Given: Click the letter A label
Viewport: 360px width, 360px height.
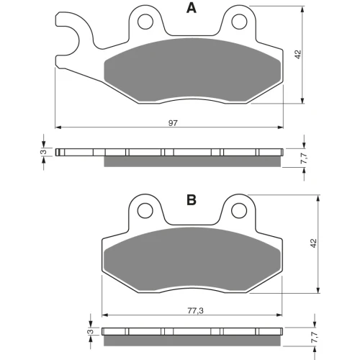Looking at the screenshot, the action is (x=192, y=8).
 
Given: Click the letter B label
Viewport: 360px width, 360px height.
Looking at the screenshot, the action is (x=192, y=200).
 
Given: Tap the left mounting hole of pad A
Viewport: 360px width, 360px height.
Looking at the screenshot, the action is (x=145, y=22).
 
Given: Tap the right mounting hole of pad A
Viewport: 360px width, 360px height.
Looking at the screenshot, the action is (x=239, y=22).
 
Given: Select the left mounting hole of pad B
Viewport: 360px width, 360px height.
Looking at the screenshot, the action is (x=145, y=210).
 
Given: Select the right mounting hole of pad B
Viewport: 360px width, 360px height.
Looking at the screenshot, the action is (x=239, y=210).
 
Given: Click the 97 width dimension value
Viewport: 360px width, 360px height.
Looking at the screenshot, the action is (x=173, y=123).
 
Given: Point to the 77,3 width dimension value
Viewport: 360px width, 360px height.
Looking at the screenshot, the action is (x=195, y=311).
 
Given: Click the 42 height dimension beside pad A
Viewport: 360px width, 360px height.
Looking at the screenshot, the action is (x=297, y=54).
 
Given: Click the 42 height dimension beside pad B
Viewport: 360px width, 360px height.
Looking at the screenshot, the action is (x=314, y=243).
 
